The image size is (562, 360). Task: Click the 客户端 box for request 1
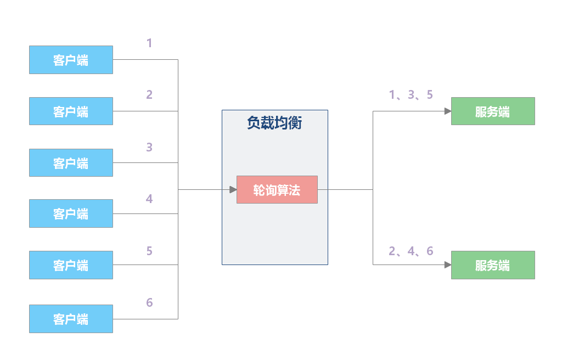click(71, 60)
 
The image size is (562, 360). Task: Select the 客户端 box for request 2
click(71, 111)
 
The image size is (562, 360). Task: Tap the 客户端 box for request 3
click(71, 163)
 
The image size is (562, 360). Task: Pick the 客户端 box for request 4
click(71, 213)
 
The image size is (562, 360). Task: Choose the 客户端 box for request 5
click(71, 265)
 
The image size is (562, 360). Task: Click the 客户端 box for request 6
click(71, 319)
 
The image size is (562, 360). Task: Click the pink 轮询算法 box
click(277, 190)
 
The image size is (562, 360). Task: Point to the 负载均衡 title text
click(274, 123)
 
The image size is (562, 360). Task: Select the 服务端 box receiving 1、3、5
click(493, 111)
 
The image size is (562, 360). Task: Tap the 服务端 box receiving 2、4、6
click(493, 265)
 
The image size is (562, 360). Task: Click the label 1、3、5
click(411, 95)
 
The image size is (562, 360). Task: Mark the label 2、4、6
click(411, 251)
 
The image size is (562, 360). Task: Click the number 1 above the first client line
click(149, 43)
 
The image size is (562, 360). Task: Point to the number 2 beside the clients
click(149, 95)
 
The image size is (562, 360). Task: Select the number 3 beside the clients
click(149, 147)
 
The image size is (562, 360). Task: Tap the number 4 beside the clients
click(149, 199)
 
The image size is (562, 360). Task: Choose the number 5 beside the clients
click(149, 251)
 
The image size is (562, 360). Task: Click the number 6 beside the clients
click(149, 302)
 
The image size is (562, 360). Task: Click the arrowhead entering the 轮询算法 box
click(233, 189)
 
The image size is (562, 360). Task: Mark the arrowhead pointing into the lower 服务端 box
click(447, 265)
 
